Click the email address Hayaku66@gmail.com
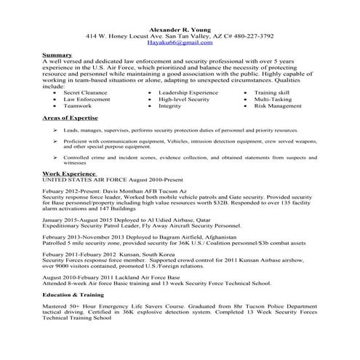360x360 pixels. pyautogui.click(x=180, y=43)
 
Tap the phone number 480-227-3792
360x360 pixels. pyautogui.click(x=248, y=35)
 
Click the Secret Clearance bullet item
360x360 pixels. pyautogui.click(x=81, y=94)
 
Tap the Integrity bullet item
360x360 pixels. pyautogui.click(x=169, y=105)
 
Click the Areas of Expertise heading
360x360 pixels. pyautogui.click(x=66, y=117)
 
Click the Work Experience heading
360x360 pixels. pyautogui.click(x=65, y=175)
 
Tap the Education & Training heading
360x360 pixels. pyautogui.click(x=72, y=294)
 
